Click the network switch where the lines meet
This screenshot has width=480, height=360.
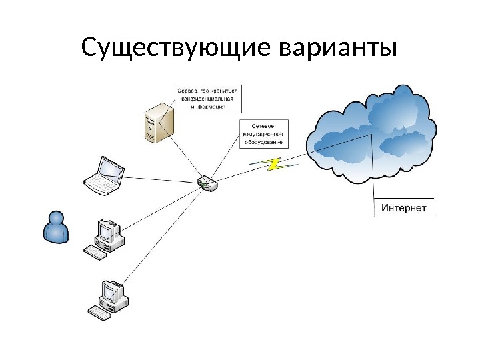[x=207, y=183]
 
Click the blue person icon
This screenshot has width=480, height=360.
[x=55, y=228]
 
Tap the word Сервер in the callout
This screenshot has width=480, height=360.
[x=187, y=90]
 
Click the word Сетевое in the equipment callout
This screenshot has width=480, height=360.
[x=262, y=126]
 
